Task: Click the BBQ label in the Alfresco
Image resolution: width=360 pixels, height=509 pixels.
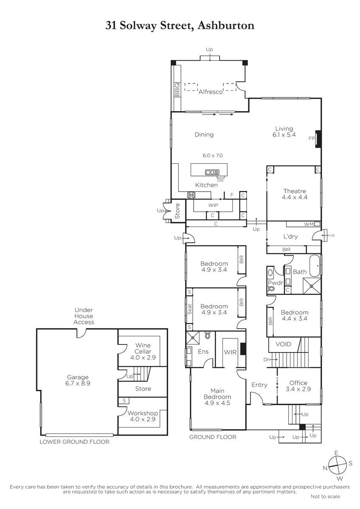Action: tap(177, 89)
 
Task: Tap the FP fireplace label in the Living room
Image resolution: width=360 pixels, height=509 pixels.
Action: tap(312, 138)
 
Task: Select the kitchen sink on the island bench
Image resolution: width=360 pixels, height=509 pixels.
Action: tap(212, 172)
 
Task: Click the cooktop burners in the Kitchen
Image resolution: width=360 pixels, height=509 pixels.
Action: tap(191, 195)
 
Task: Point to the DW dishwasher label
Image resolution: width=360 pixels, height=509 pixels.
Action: tap(220, 180)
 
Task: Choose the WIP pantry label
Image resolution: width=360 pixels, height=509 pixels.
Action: tap(213, 205)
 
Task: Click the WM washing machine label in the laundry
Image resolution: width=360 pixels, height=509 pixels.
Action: tap(309, 224)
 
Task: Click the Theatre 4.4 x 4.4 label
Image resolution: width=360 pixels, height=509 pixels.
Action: tap(295, 194)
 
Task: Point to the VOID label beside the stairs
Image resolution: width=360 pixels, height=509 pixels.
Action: tap(283, 344)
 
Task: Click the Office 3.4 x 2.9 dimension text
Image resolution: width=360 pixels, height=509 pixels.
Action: tap(298, 389)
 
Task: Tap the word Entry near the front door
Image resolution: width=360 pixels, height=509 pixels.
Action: tap(259, 385)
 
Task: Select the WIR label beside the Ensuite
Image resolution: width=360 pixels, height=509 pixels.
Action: tap(231, 352)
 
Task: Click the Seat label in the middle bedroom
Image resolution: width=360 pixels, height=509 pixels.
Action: tap(190, 309)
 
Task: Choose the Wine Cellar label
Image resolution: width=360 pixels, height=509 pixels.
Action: tap(143, 348)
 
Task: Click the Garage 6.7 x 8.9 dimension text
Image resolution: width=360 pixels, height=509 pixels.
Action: tap(78, 383)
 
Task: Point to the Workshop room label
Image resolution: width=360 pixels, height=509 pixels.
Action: tap(143, 413)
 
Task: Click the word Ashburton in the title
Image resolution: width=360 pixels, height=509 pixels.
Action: tap(226, 25)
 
